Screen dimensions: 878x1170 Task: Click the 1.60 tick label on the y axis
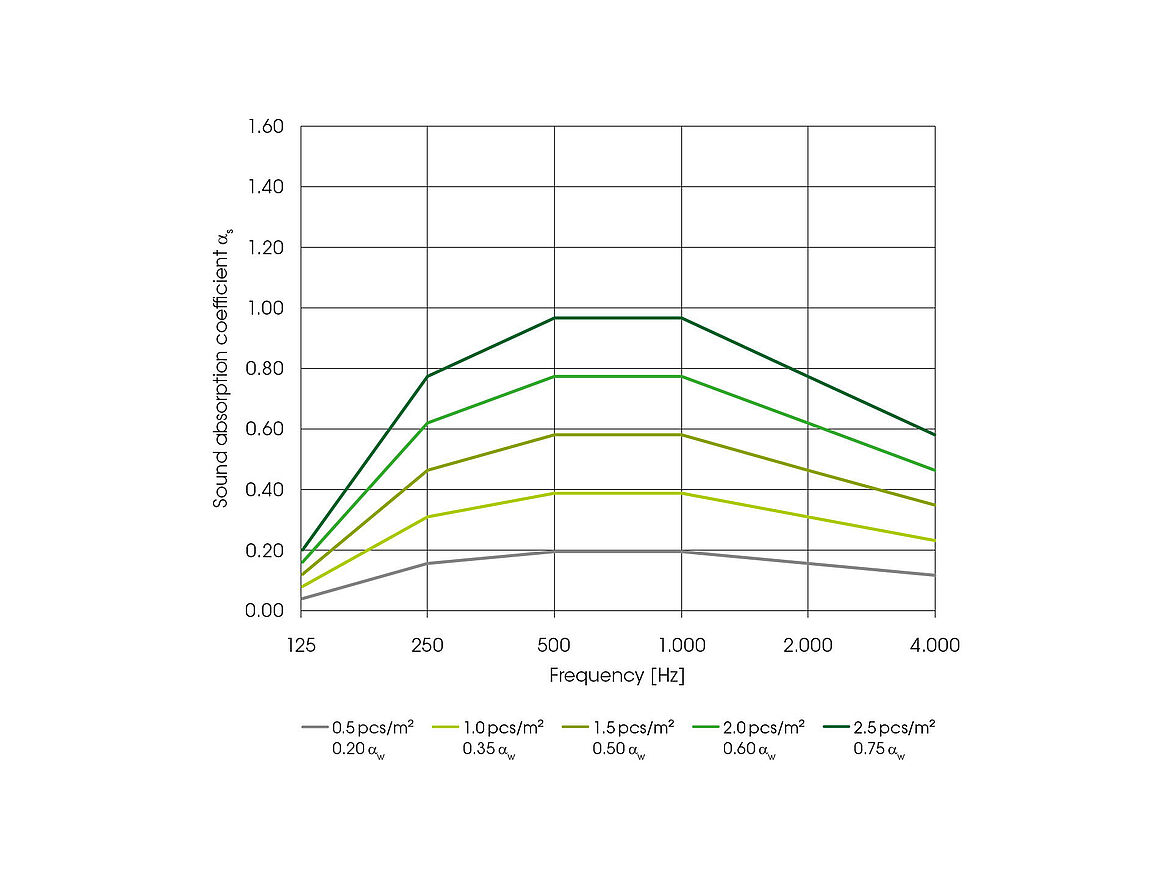coord(265,127)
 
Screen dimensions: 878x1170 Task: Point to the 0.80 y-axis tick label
coord(265,369)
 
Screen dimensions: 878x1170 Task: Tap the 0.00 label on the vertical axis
coord(265,611)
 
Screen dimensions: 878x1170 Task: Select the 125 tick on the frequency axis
coord(301,645)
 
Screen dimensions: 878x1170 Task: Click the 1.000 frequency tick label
coord(681,645)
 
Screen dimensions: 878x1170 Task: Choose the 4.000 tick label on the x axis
coord(934,645)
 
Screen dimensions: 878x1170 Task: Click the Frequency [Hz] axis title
coord(617,676)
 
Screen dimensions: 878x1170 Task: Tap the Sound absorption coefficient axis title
coord(221,368)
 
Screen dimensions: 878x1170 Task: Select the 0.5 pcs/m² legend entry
coord(372,727)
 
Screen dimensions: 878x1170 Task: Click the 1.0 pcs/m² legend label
coord(502,727)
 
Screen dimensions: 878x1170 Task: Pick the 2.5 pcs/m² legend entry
coord(893,727)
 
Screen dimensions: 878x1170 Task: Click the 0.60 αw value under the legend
coord(749,749)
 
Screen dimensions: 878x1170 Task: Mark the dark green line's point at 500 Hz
coord(554,318)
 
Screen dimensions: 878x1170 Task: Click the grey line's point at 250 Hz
coord(428,563)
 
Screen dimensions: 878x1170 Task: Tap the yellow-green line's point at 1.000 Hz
coord(681,493)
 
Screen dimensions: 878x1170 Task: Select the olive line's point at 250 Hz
coord(428,470)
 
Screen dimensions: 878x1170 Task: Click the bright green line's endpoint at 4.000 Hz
coord(934,470)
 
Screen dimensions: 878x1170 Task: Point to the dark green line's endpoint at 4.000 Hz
coord(934,434)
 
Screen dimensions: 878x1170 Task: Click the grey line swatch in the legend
coord(313,728)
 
